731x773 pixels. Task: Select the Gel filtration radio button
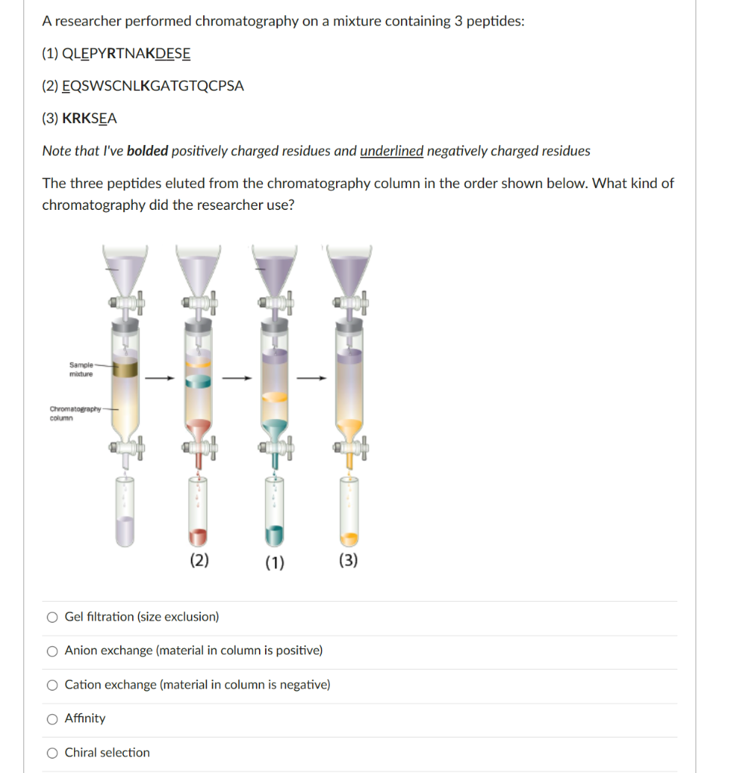tap(52, 617)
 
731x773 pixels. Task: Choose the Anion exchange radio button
tap(52, 651)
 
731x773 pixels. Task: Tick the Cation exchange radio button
tap(52, 685)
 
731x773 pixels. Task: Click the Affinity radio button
tap(52, 719)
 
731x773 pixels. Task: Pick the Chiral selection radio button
tap(52, 753)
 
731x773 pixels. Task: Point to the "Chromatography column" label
tap(75, 413)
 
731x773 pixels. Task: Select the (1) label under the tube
tap(275, 562)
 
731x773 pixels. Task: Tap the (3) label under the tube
tap(348, 561)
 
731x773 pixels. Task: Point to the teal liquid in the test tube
tap(274, 534)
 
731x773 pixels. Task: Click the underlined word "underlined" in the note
tap(391, 151)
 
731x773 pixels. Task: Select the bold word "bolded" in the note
tap(147, 151)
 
